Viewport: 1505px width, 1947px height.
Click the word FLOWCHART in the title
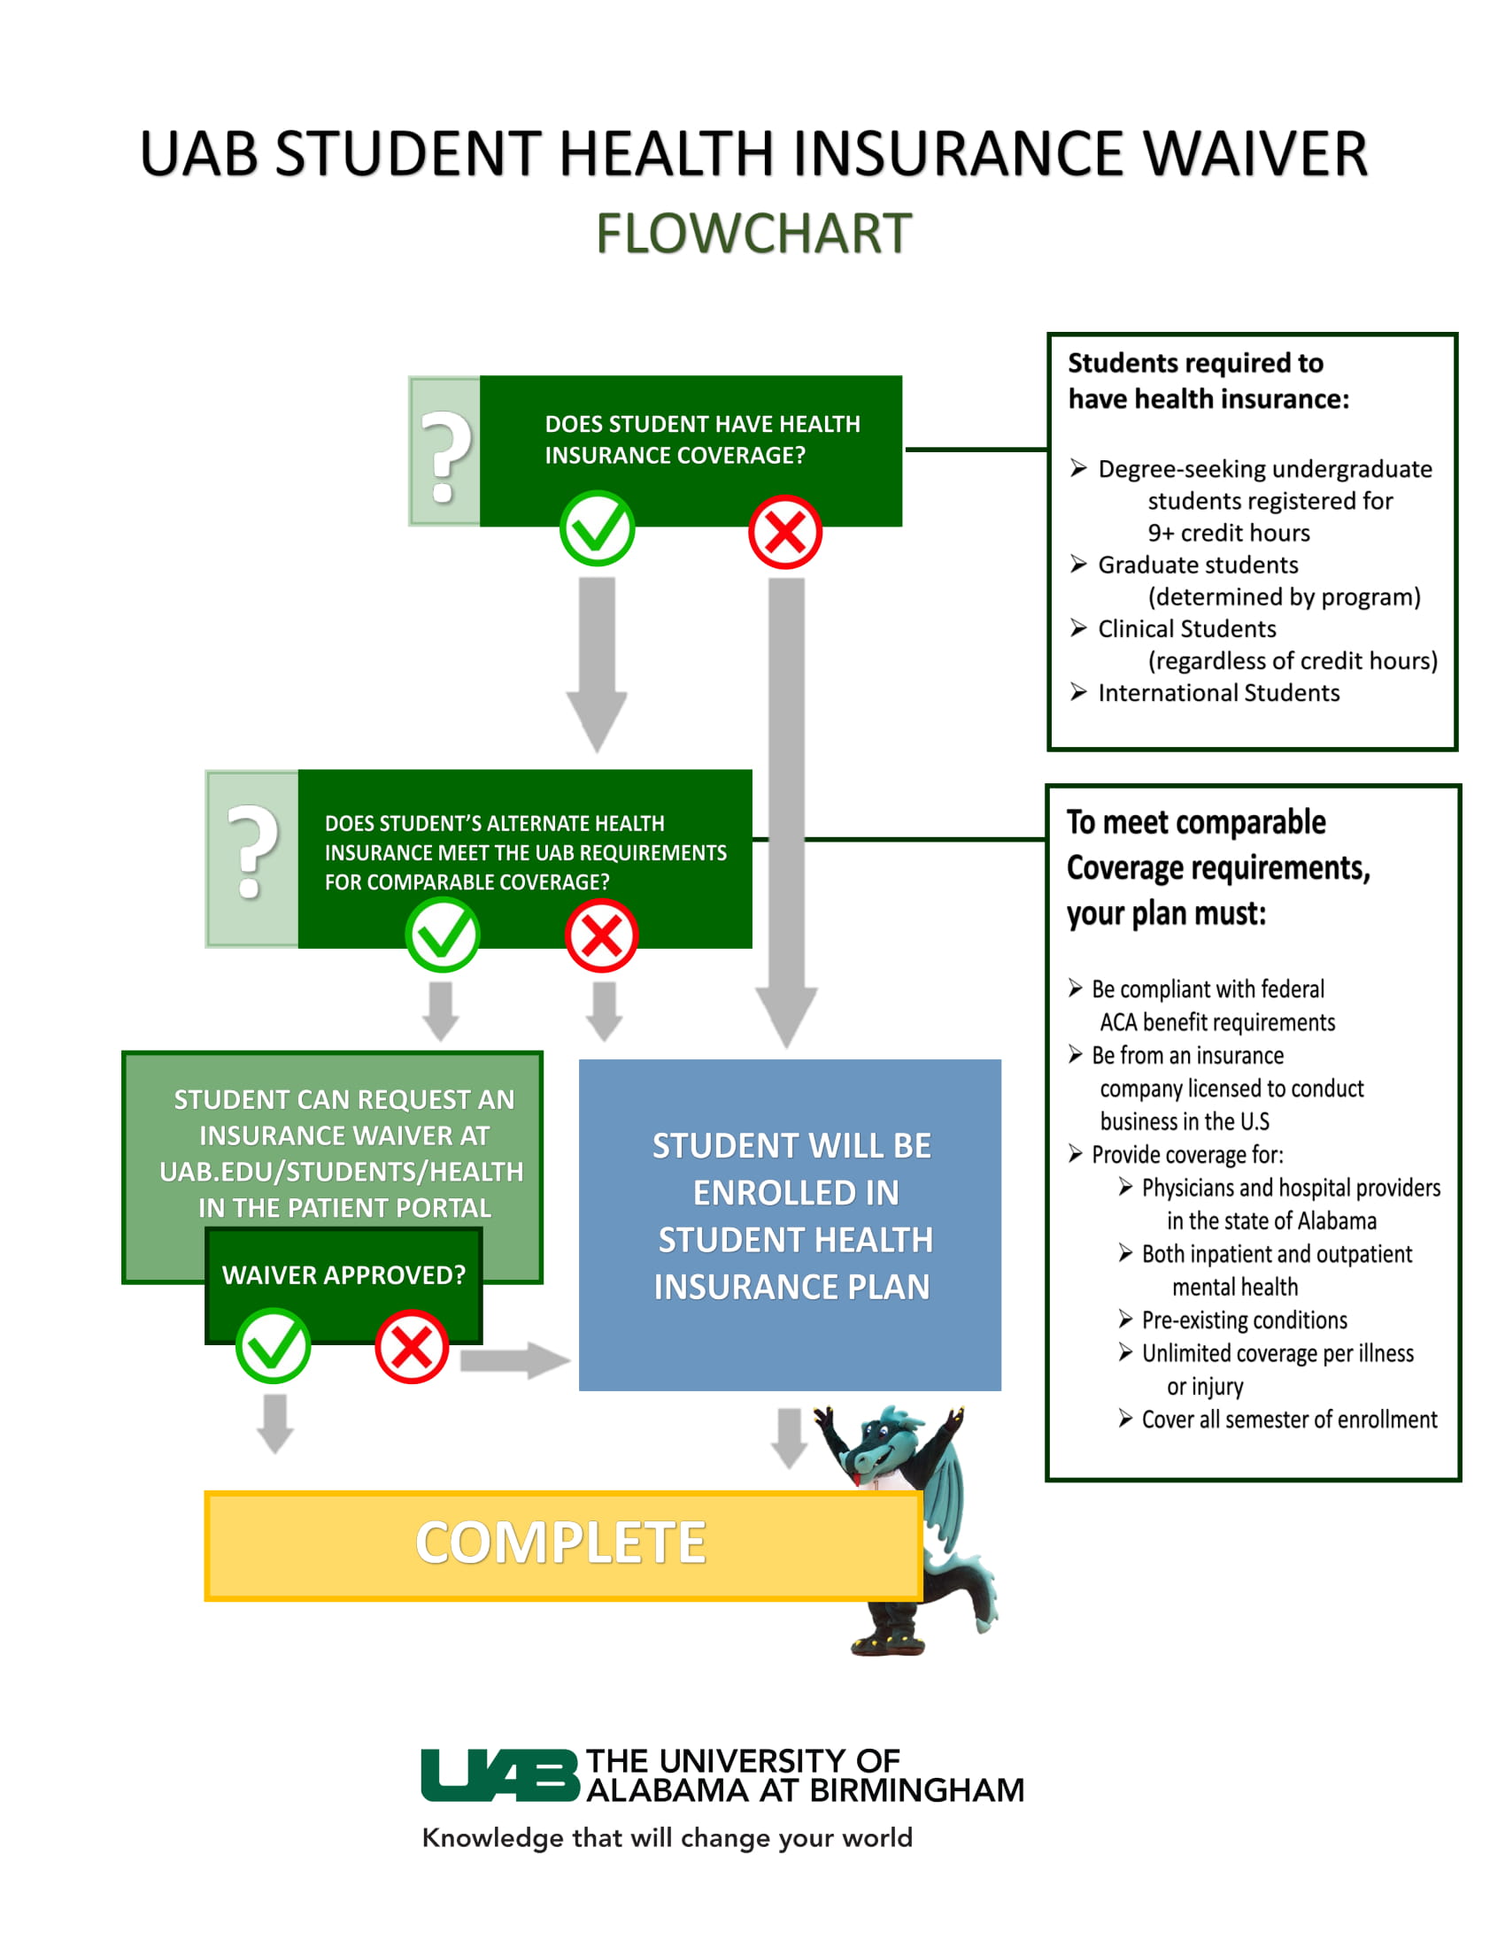click(753, 234)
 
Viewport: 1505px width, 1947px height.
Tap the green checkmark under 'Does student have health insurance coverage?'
click(598, 528)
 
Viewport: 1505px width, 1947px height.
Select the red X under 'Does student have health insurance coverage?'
click(784, 532)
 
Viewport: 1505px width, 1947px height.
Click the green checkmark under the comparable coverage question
click(444, 935)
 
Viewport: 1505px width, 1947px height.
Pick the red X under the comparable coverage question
click(602, 936)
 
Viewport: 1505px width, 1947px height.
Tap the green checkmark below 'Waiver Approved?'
click(274, 1346)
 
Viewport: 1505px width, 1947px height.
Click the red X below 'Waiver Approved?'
click(411, 1346)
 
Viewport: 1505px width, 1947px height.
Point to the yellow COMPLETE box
click(561, 1545)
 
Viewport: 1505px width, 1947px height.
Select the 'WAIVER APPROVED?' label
click(343, 1274)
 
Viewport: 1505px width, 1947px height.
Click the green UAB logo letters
click(499, 1775)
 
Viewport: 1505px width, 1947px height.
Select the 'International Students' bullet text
click(1218, 693)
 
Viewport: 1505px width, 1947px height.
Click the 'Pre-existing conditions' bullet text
click(1244, 1320)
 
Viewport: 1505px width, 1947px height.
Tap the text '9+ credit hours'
click(1229, 533)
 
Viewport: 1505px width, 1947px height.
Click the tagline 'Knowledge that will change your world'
click(667, 1837)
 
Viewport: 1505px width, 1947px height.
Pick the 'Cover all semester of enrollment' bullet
click(1288, 1420)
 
